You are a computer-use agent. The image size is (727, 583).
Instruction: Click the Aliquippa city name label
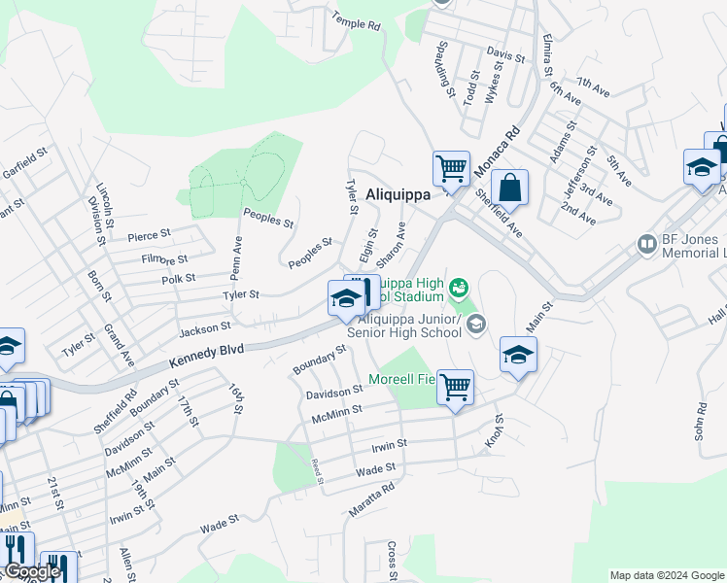(x=398, y=194)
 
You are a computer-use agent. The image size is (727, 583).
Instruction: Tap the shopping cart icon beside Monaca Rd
(x=451, y=168)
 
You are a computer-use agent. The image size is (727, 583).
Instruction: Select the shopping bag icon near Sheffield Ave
(x=509, y=188)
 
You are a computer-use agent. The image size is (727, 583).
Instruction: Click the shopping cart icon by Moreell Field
(x=454, y=387)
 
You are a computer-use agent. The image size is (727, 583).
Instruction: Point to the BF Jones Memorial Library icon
(x=646, y=244)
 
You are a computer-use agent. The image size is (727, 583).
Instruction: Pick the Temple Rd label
(x=355, y=20)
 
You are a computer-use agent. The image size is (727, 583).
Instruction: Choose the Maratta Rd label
(x=368, y=500)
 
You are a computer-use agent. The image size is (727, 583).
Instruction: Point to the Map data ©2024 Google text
(x=665, y=575)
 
